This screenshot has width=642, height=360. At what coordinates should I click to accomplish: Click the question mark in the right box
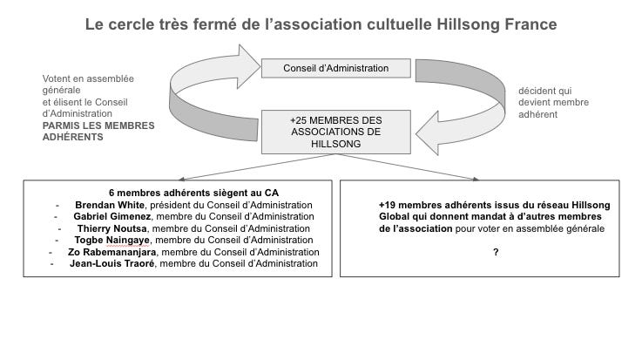[x=496, y=252]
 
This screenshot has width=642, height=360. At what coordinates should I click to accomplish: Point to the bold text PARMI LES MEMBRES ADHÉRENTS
[x=98, y=131]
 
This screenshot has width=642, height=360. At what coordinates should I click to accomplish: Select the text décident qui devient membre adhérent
[x=554, y=102]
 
